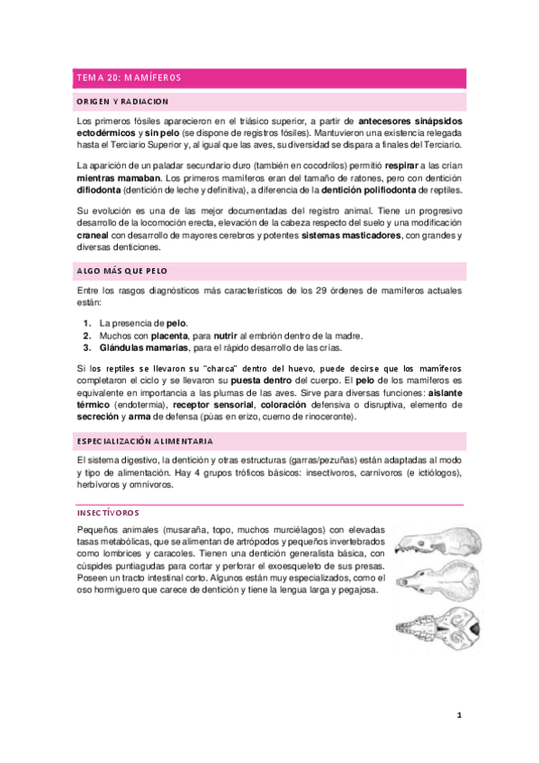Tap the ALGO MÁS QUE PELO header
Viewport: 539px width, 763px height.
(x=121, y=271)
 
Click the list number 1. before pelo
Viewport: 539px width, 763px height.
(x=86, y=322)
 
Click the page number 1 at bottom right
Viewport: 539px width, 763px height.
(x=459, y=716)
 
